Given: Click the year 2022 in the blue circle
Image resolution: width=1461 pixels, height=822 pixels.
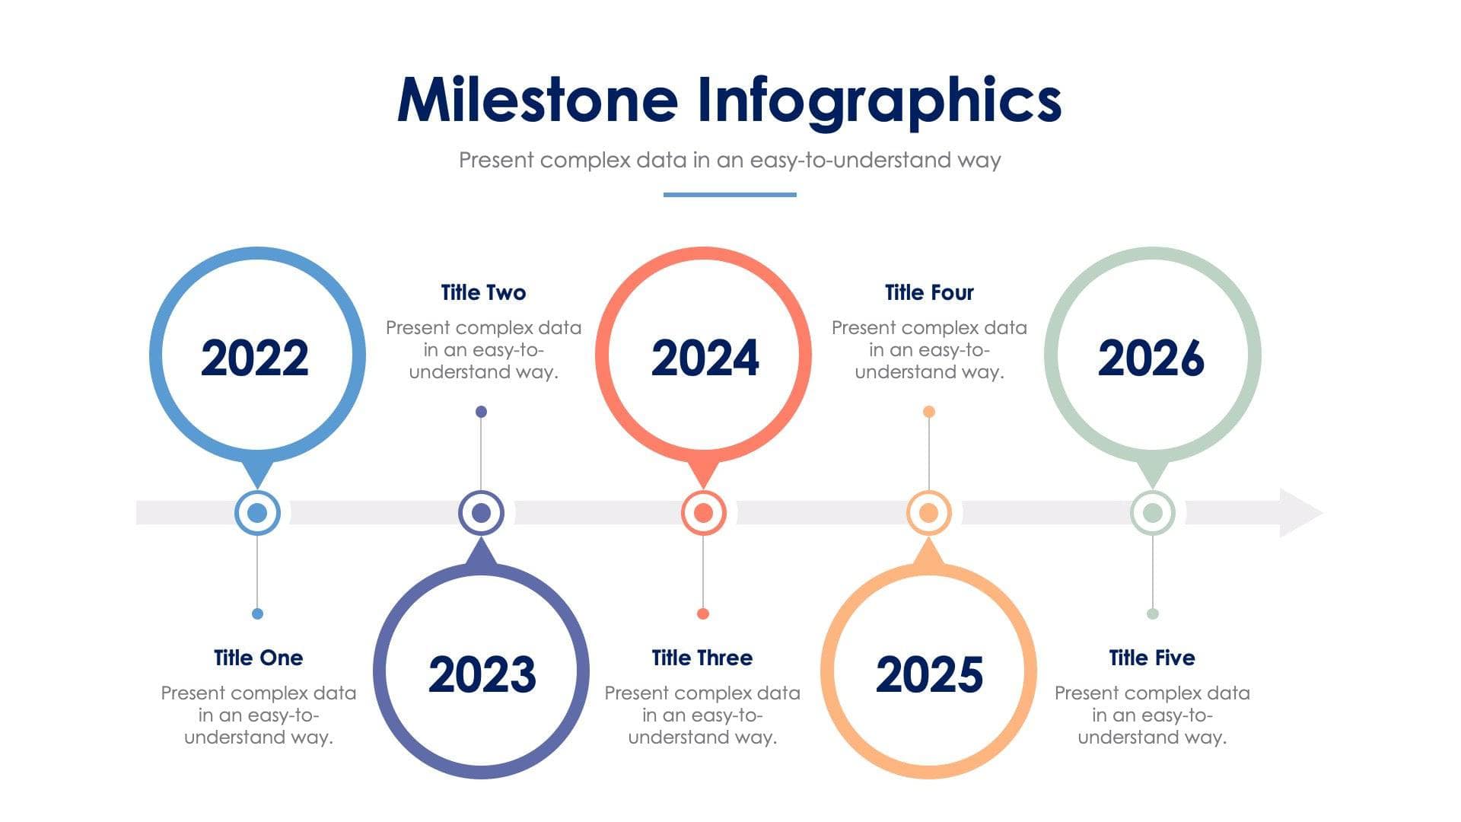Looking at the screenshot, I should pos(255,358).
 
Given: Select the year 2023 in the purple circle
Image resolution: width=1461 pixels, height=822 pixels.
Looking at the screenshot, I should pos(482,674).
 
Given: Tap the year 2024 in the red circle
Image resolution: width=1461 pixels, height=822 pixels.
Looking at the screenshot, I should pos(705,358).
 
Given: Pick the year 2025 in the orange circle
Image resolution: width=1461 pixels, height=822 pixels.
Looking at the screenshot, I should pos(929,674).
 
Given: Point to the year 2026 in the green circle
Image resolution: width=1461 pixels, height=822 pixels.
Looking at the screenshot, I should pos(1151,358).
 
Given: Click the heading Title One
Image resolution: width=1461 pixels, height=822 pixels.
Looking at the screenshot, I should pos(258,658).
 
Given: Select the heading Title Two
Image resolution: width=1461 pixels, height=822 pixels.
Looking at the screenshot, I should pos(483,292).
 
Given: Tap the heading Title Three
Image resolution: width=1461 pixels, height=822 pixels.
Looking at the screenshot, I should pos(702,658).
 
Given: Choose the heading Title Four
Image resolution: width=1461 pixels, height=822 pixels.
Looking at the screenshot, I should pos(929,292).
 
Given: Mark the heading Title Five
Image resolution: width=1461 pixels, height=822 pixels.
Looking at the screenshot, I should pos(1151,658).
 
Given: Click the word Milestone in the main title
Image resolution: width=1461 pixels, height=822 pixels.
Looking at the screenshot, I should pos(537,100).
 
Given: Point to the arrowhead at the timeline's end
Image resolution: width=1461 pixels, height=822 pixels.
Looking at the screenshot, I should pos(1300,513).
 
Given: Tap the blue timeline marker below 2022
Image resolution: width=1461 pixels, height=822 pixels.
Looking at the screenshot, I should pos(257,513).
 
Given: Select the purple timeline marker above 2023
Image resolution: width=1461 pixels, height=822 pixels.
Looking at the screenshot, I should pos(481,513).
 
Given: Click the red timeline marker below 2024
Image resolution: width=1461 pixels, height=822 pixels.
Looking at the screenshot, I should pos(703,513).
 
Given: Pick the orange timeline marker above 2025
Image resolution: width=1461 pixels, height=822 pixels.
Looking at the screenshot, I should pos(928,513).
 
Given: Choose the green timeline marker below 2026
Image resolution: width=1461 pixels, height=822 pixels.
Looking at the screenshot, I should pos(1152,513).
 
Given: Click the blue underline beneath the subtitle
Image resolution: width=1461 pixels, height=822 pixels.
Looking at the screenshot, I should pos(730,195).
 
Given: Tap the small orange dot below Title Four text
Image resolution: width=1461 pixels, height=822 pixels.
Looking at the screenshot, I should pos(928,412).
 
